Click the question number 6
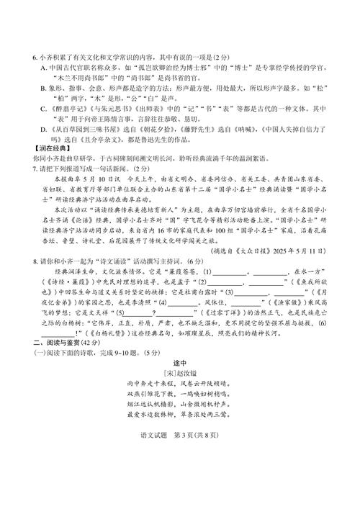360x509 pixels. [35, 58]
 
